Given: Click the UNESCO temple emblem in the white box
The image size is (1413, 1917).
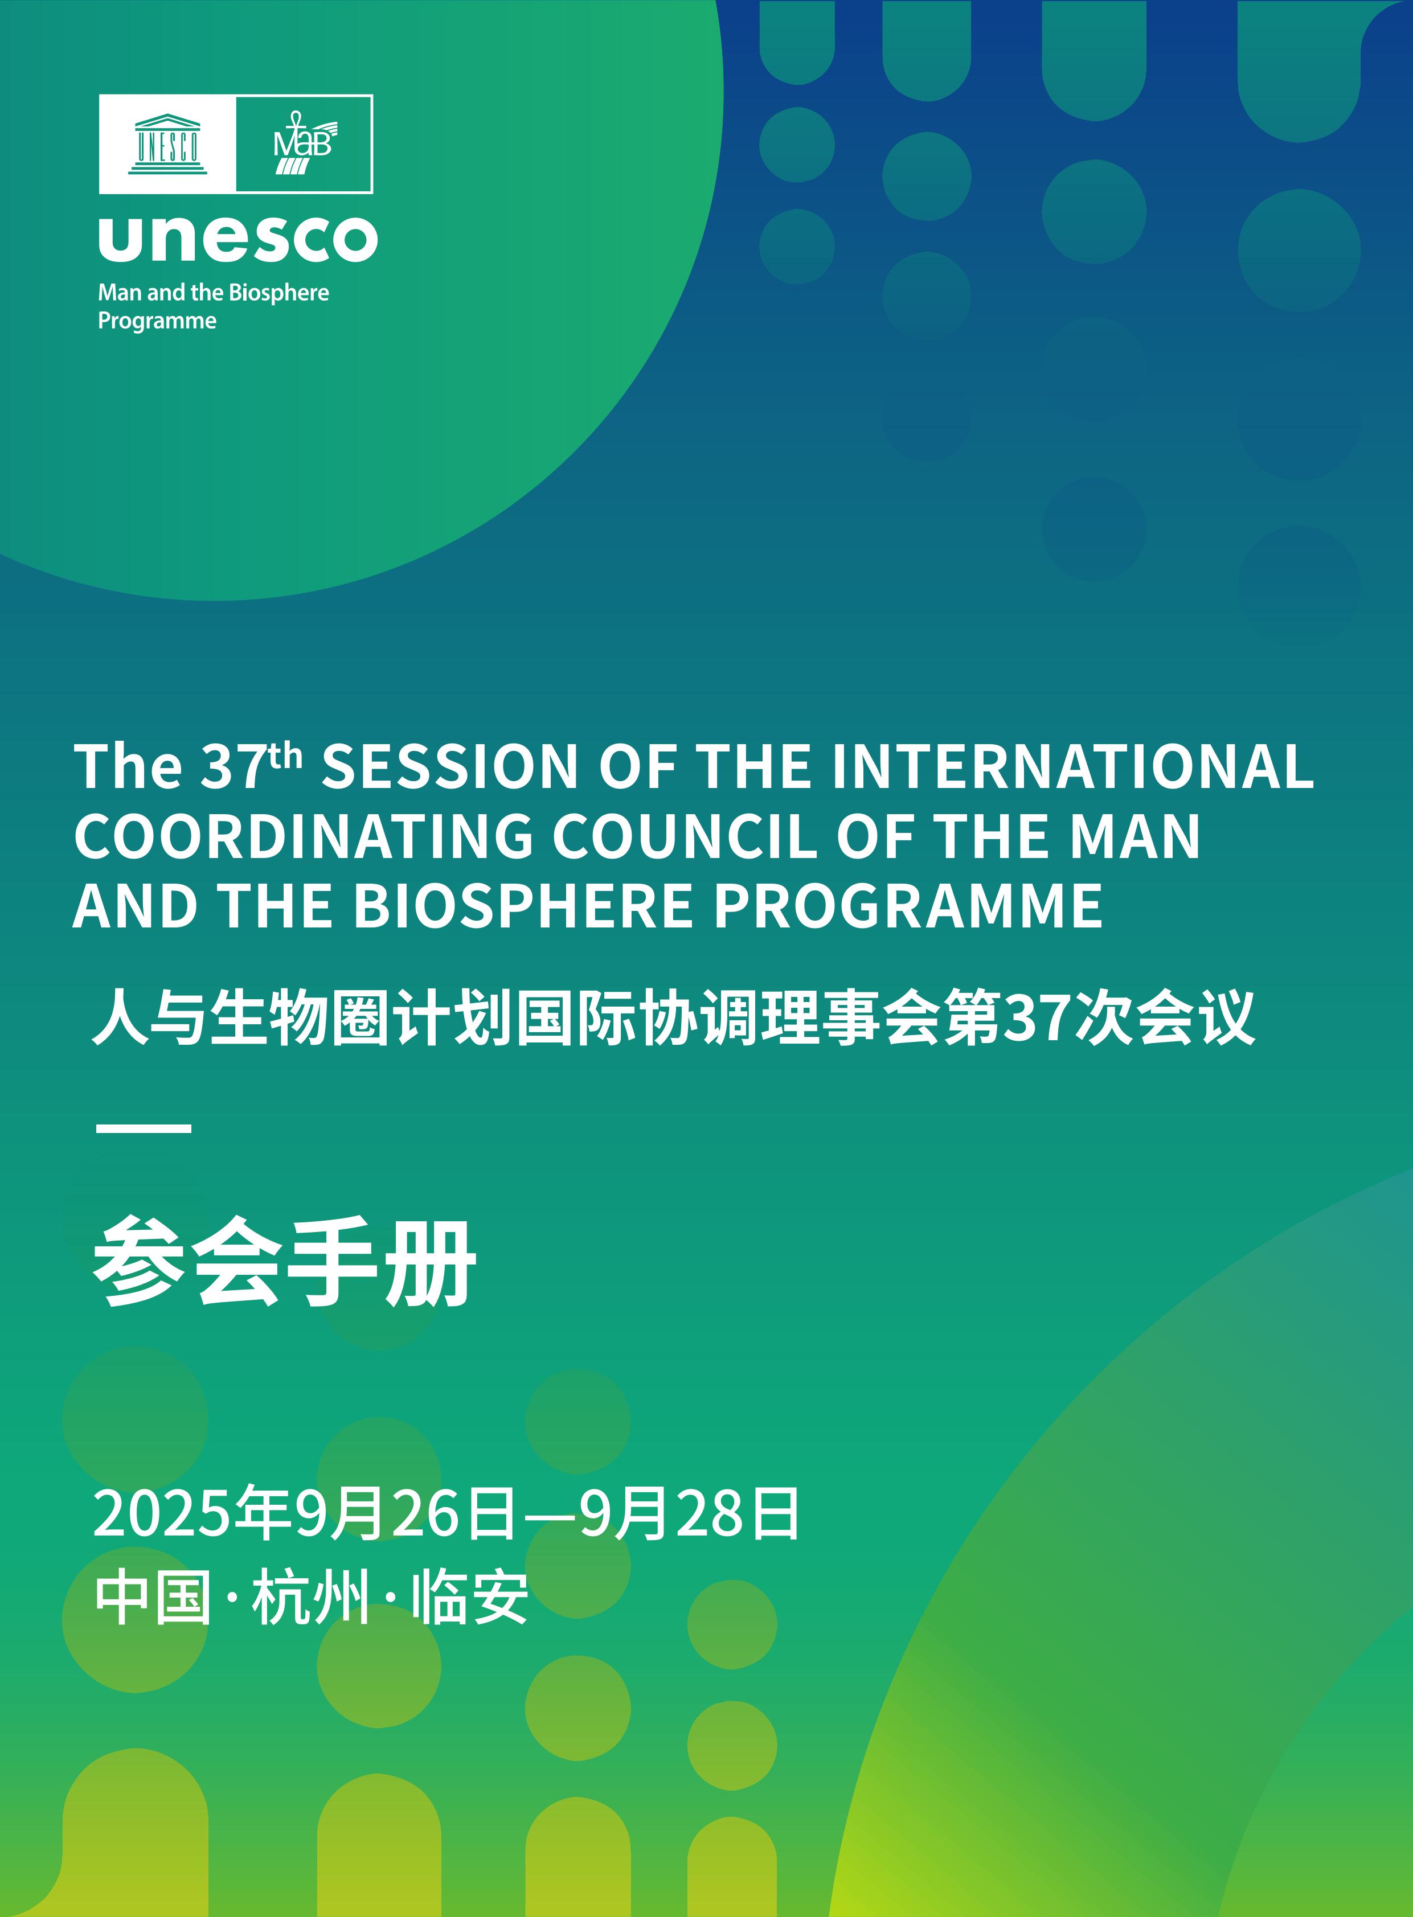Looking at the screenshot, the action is (x=167, y=143).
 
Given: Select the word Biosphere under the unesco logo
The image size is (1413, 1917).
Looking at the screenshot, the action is (x=279, y=293).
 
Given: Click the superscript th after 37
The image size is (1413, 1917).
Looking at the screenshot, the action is (x=285, y=756).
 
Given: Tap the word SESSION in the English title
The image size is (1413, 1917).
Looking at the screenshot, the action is (x=450, y=766).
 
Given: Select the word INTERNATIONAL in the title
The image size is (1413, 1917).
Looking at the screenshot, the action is (x=1072, y=766).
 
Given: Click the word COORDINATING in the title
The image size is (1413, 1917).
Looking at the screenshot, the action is (x=303, y=836).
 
